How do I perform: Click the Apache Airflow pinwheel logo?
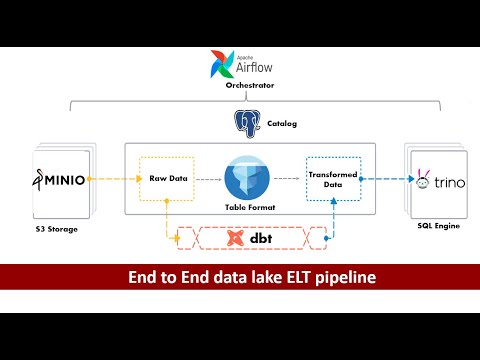coord(223,65)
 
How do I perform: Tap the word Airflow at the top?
coord(254,68)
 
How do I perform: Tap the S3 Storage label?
coord(58,228)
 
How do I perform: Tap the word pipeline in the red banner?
coord(336,277)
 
